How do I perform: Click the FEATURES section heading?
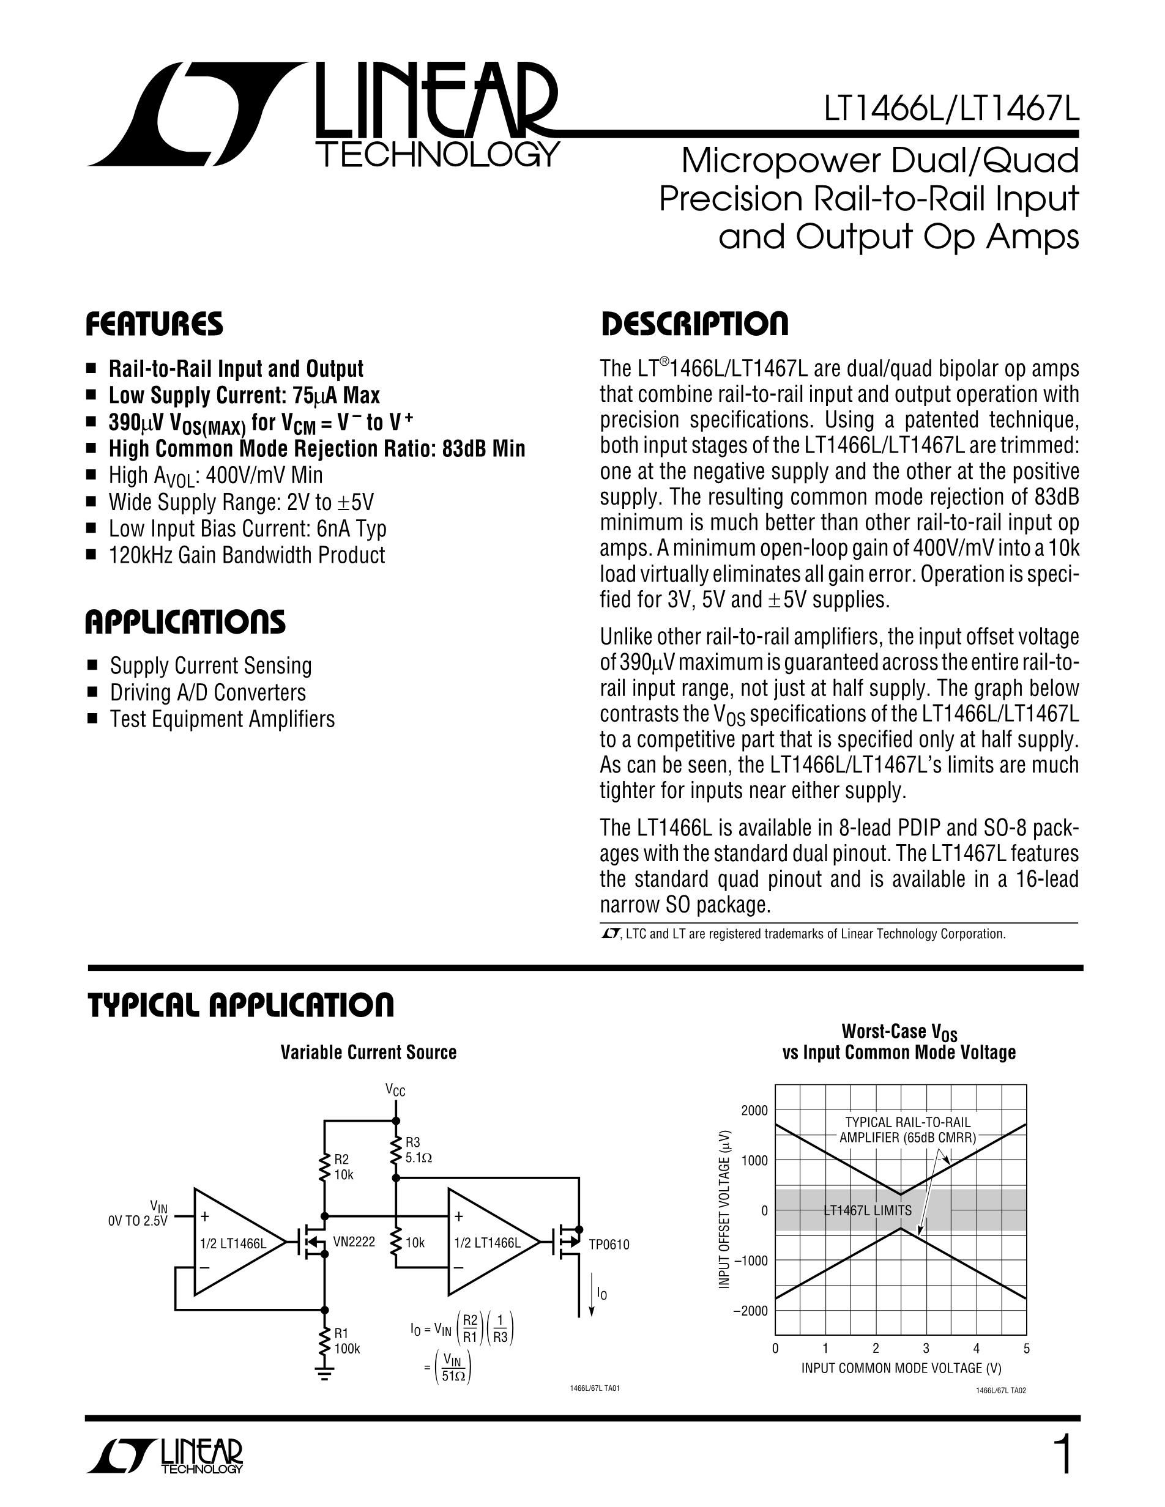[154, 324]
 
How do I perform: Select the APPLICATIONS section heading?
[185, 623]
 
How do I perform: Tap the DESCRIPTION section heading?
[694, 324]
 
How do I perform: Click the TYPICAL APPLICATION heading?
[240, 1005]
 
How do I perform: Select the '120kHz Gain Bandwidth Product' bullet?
[247, 555]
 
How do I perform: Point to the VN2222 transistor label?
[354, 1242]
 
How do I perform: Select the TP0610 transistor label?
[609, 1244]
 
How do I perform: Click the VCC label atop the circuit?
[395, 1091]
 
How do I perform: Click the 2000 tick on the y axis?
[754, 1110]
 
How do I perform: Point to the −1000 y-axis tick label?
[749, 1261]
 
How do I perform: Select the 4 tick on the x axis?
[976, 1349]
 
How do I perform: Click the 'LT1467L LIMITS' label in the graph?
[868, 1210]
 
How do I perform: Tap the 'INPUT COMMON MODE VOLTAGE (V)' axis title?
[901, 1368]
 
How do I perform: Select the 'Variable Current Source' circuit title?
[368, 1053]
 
